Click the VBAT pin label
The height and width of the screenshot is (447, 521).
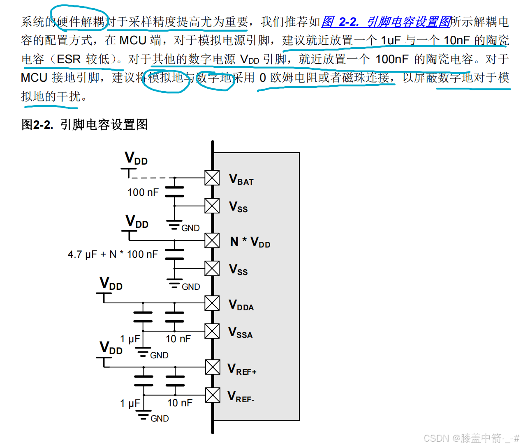241,179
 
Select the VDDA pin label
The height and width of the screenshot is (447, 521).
241,305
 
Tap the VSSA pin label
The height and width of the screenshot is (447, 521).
240,332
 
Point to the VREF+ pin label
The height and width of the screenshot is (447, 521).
242,369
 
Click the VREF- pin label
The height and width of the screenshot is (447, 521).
241,397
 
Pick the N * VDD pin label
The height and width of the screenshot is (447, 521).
250,242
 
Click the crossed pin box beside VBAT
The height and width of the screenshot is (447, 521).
212,178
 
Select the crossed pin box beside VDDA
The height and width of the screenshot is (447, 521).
212,303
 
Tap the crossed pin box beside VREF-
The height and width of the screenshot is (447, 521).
213,395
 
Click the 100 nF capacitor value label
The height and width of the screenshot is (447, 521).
143,192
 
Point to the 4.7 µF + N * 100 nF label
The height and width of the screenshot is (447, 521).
113,254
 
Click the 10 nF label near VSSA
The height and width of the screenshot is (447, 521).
178,339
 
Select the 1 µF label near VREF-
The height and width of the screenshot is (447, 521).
130,403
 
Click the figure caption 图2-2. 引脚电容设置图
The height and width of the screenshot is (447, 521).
84,124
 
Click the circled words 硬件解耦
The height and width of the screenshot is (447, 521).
81,21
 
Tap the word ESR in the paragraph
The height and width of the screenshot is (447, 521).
68,59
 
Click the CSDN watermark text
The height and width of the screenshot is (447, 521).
471,438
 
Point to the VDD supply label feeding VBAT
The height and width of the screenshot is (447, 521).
136,158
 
